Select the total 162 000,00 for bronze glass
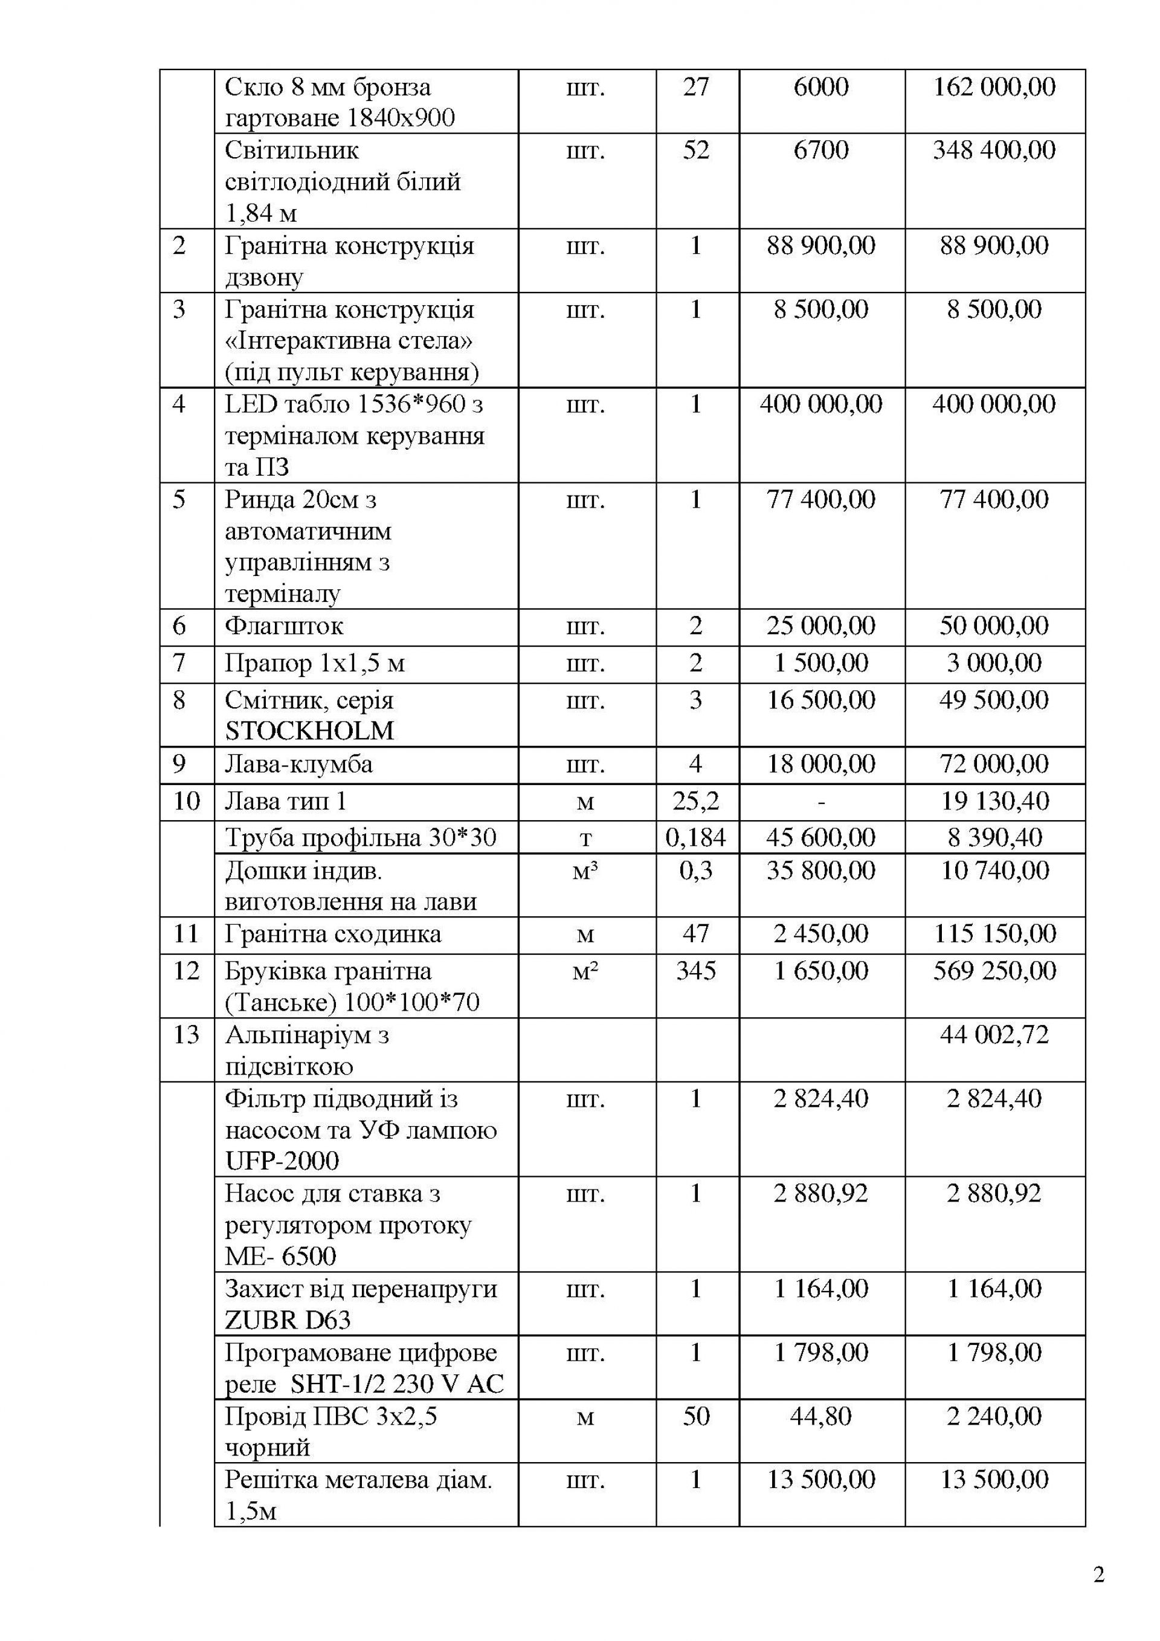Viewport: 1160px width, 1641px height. click(994, 87)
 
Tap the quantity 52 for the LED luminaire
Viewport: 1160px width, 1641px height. click(696, 150)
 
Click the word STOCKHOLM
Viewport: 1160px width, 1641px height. click(309, 731)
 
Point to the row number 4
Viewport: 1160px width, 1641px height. click(179, 404)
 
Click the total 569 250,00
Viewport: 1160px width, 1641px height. click(994, 971)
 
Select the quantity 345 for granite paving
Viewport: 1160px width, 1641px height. click(696, 971)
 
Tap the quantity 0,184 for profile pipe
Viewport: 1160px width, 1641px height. click(696, 837)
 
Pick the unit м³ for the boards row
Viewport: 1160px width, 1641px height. click(585, 871)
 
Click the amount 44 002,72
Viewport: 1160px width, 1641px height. click(994, 1034)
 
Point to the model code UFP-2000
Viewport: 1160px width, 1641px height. click(282, 1160)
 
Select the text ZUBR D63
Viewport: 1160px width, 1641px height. click(288, 1319)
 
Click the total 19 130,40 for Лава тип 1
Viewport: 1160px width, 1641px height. click(994, 801)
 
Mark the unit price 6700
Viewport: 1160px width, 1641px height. click(820, 150)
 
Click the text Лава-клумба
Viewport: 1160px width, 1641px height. click(298, 764)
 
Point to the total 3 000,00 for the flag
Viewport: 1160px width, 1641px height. click(994, 662)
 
